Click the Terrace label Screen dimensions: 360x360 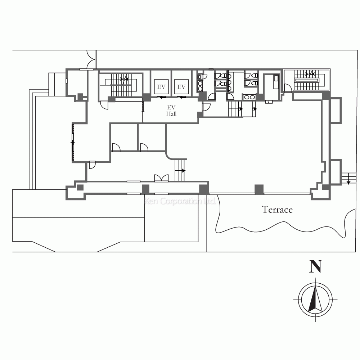click(x=277, y=210)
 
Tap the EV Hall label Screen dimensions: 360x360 click(x=171, y=111)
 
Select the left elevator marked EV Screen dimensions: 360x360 click(x=161, y=87)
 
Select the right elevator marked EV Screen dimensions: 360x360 click(x=181, y=87)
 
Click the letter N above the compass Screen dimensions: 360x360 click(x=315, y=266)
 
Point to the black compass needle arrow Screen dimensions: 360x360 click(x=315, y=298)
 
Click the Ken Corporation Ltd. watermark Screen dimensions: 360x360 click(x=180, y=201)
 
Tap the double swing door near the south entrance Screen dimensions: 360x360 click(x=161, y=178)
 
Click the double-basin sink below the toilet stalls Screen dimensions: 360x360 click(x=249, y=97)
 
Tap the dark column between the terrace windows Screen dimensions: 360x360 click(x=259, y=189)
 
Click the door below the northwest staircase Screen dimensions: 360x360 click(x=104, y=105)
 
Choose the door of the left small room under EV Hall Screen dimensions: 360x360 click(x=116, y=147)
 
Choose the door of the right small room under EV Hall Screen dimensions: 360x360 click(x=144, y=147)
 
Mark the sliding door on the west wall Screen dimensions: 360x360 click(x=73, y=143)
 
